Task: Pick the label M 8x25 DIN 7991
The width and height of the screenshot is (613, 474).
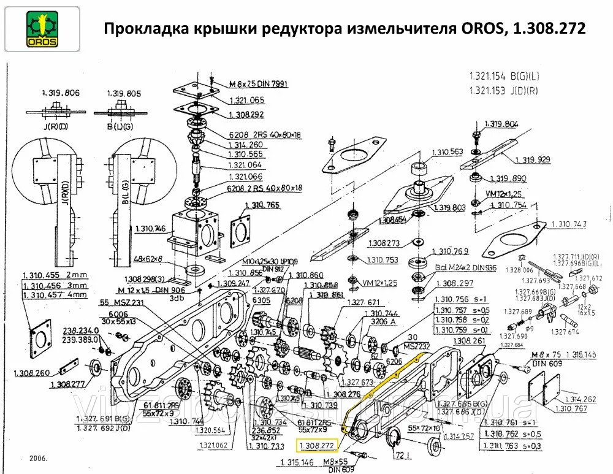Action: pyautogui.click(x=258, y=83)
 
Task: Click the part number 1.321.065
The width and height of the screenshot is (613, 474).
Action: pyautogui.click(x=246, y=99)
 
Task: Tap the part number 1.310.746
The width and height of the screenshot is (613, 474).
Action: pyautogui.click(x=149, y=229)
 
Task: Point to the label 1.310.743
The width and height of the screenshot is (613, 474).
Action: pyautogui.click(x=568, y=224)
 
